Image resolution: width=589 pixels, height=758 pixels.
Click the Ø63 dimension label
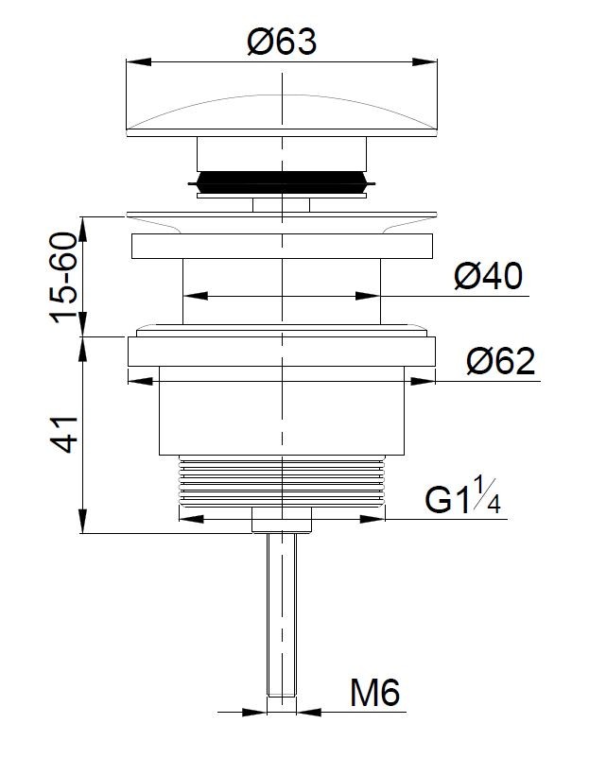click(282, 42)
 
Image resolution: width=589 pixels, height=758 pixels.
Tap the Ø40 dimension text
click(489, 277)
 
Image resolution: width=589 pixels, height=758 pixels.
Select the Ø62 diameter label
click(501, 361)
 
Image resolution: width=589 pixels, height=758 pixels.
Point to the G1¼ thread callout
click(462, 495)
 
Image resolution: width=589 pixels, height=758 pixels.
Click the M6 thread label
click(375, 693)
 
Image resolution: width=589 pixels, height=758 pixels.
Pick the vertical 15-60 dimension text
click(64, 278)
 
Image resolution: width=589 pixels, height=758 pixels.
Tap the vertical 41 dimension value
click(64, 434)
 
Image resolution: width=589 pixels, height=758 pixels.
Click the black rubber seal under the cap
click(282, 181)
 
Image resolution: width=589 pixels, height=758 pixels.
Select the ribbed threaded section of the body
click(282, 481)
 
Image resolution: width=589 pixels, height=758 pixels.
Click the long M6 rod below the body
click(282, 614)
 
